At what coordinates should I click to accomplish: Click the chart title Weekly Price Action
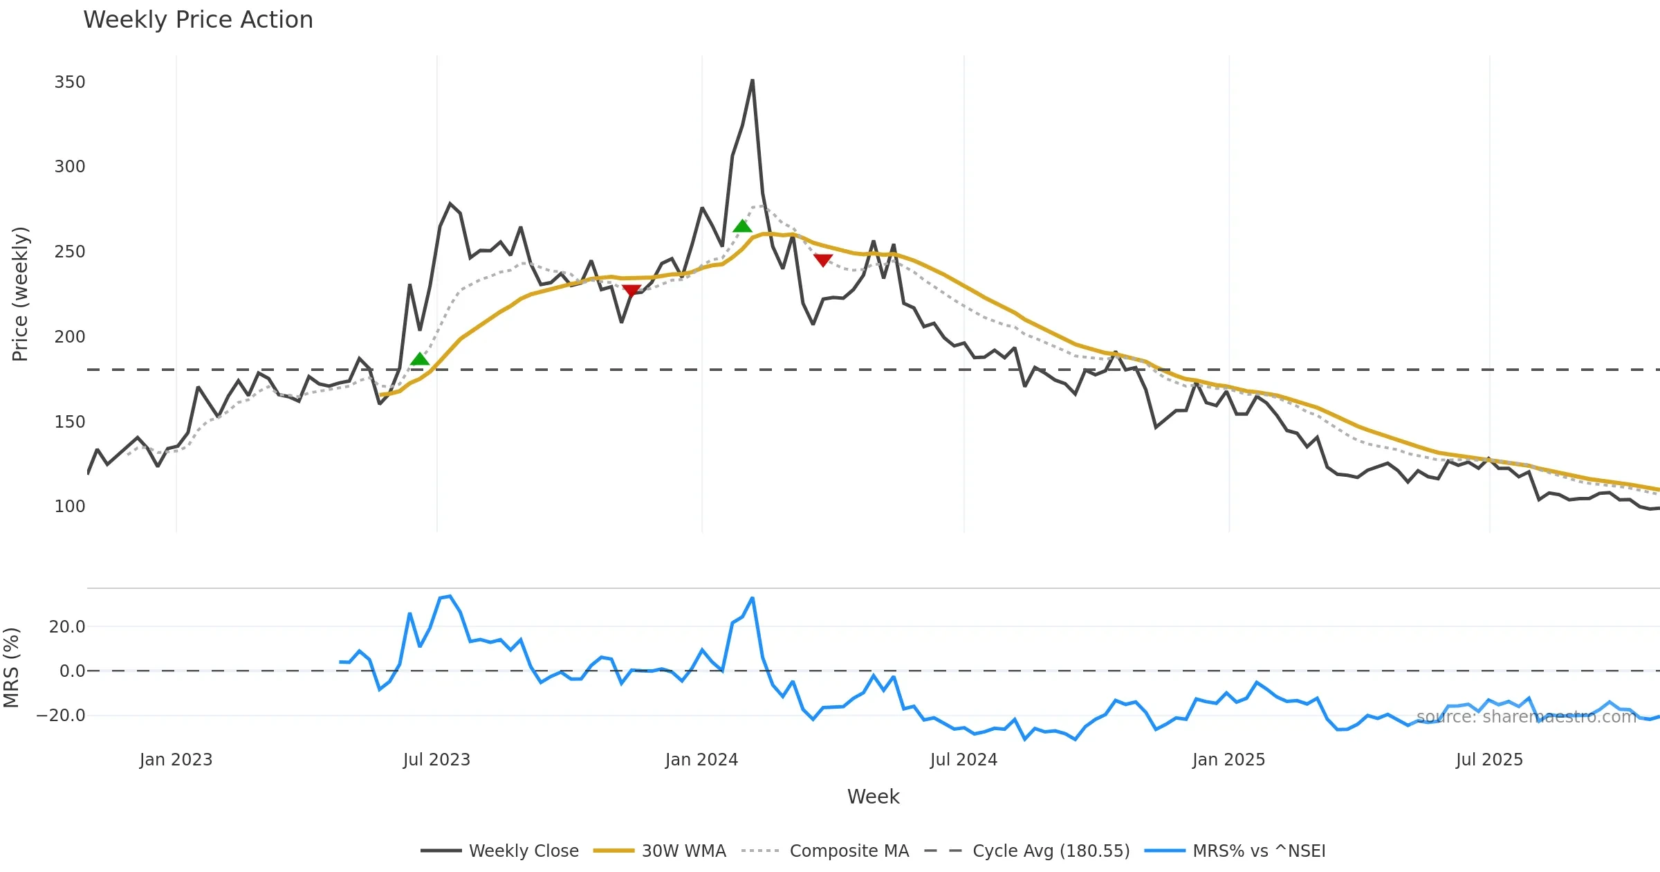pos(198,20)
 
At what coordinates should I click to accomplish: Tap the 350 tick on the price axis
pos(70,82)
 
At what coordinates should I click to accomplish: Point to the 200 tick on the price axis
pos(70,337)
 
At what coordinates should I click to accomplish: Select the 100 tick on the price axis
pos(70,507)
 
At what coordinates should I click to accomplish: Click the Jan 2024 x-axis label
pos(701,760)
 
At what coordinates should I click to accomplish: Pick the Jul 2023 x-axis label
pos(436,760)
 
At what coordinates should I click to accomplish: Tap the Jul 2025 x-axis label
pos(1489,760)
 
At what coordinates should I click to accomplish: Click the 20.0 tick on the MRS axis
pos(67,627)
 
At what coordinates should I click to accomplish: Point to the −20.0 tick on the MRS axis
pos(61,716)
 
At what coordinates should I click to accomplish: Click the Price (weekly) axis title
pos(20,294)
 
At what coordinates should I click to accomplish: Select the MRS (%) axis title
pos(11,668)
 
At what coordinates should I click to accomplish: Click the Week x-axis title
pos(873,797)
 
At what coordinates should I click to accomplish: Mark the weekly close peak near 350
pos(753,81)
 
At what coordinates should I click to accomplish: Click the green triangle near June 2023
pos(420,358)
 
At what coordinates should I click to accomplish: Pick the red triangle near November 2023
pos(631,291)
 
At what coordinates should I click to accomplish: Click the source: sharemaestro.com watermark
pos(1526,717)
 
